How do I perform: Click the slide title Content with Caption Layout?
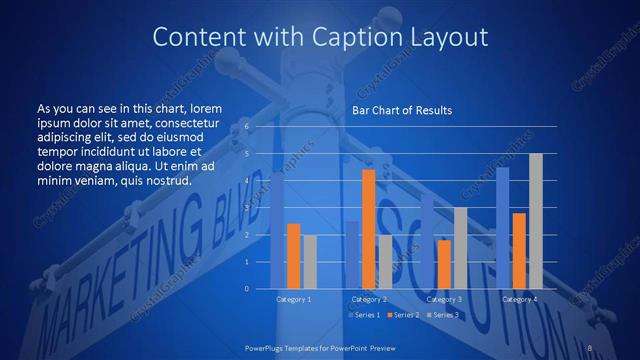(320, 38)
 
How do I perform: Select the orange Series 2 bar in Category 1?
(293, 256)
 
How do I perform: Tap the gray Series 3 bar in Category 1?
(310, 262)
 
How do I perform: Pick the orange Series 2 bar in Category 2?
(368, 229)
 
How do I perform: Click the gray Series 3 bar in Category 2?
(385, 262)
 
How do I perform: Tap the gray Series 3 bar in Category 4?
(536, 221)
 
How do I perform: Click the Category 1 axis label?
(293, 299)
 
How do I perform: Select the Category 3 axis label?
(444, 299)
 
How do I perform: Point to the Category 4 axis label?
(519, 299)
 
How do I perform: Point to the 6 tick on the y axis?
(260, 127)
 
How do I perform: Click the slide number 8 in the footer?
(591, 347)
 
